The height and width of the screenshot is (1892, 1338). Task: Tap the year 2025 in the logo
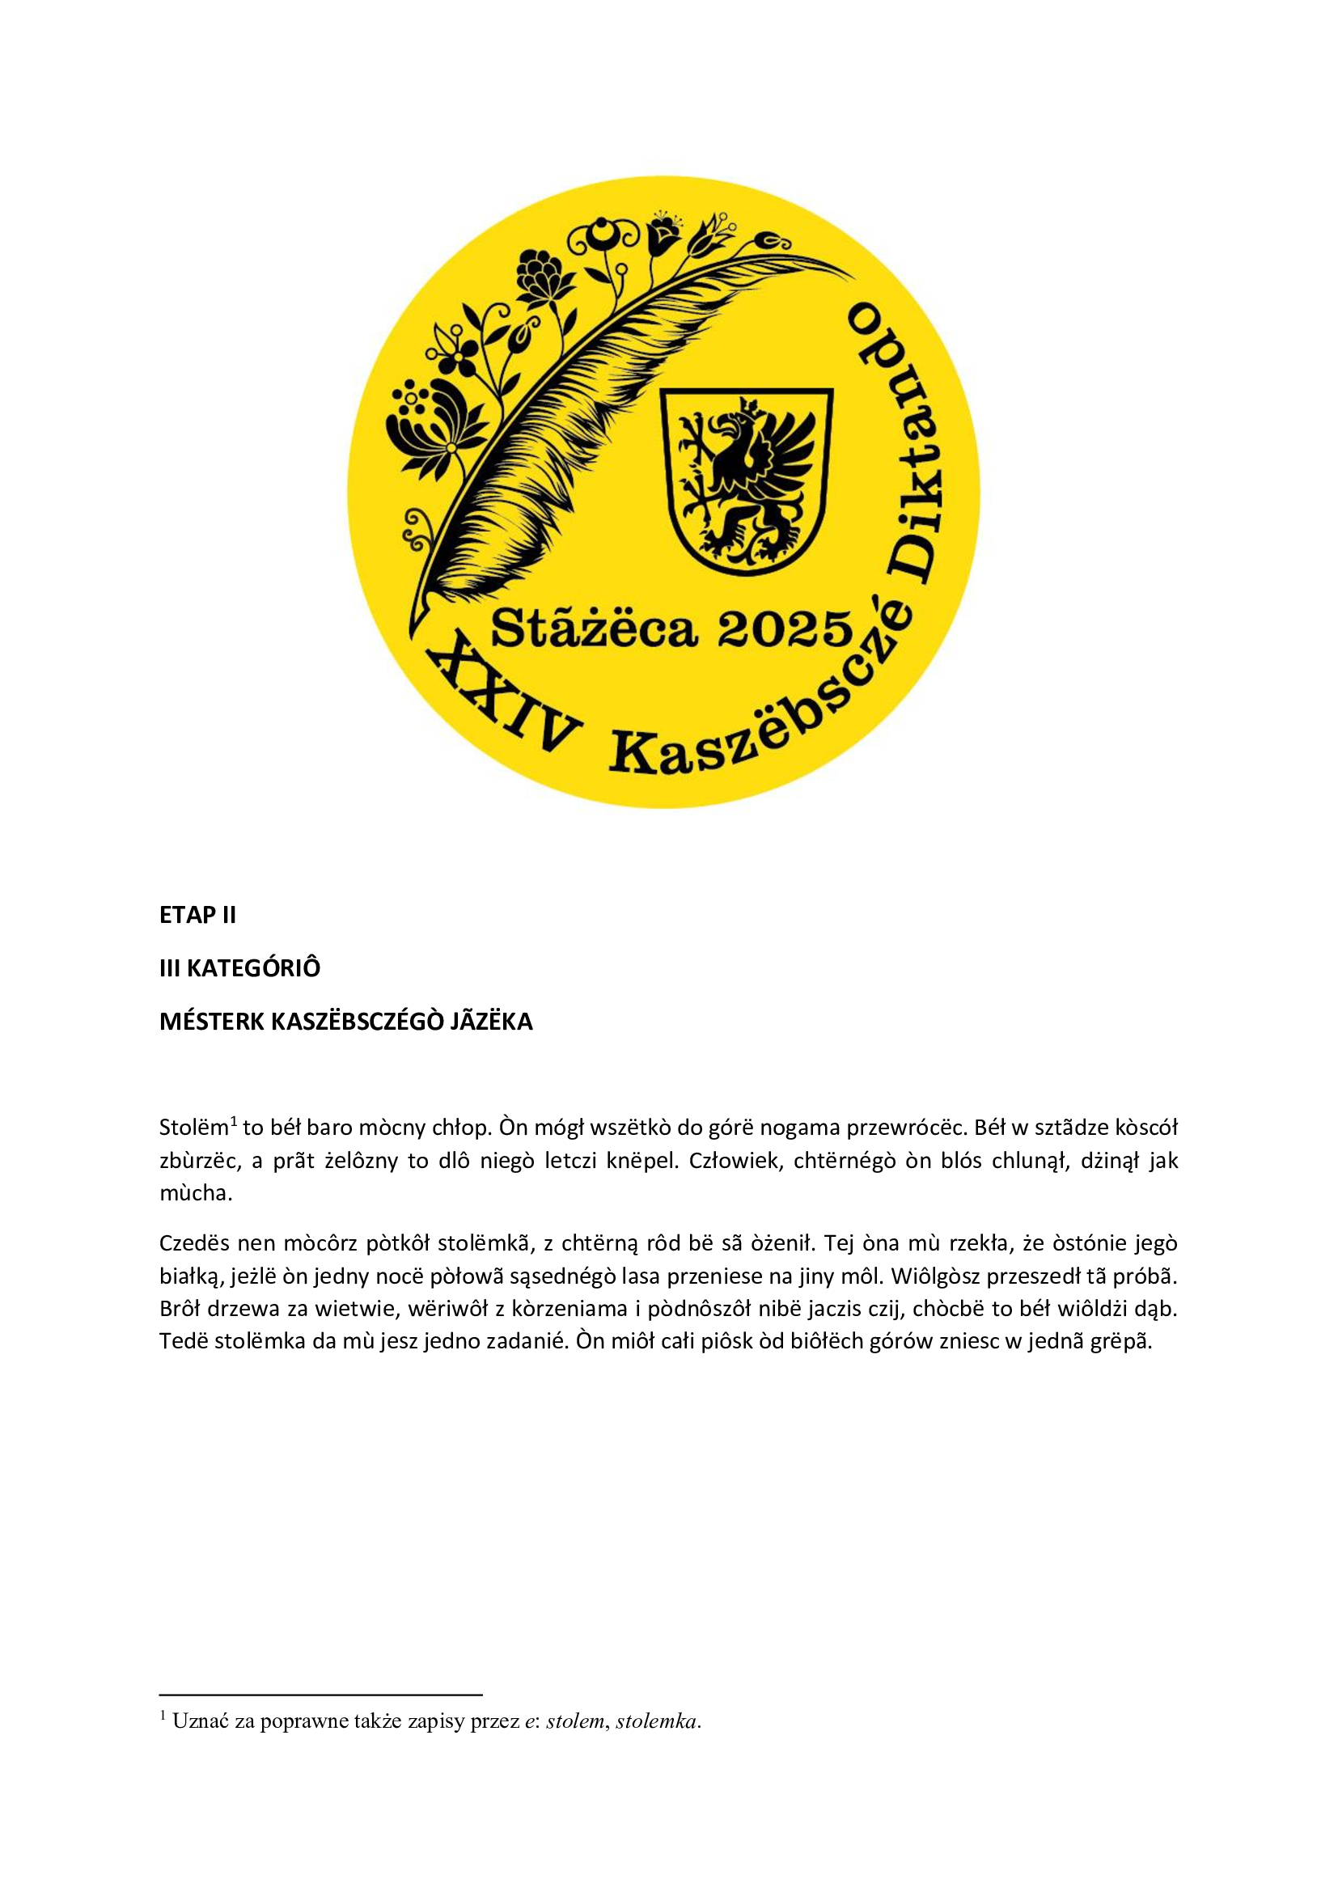pyautogui.click(x=785, y=630)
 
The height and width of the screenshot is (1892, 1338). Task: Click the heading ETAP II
pyautogui.click(x=197, y=915)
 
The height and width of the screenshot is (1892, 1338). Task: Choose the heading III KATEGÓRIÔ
pyautogui.click(x=239, y=967)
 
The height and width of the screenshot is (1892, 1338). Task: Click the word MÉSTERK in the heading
pyautogui.click(x=211, y=1021)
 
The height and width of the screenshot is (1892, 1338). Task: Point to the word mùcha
pyautogui.click(x=195, y=1193)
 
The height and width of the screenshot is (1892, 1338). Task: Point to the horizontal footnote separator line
pyautogui.click(x=320, y=1695)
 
